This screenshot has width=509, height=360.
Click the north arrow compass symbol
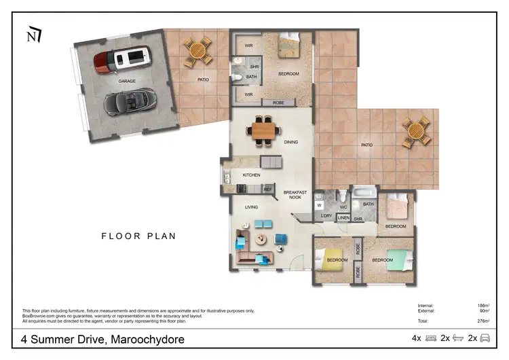(x=33, y=34)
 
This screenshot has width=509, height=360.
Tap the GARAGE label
(x=127, y=81)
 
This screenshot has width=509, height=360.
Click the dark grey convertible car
(x=128, y=102)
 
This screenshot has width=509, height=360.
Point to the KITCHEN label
(x=251, y=175)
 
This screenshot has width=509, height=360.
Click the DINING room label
(x=291, y=142)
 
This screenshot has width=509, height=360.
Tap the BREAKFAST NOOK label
(x=295, y=195)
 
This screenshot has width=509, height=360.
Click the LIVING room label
(x=251, y=206)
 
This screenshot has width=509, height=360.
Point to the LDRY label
(x=326, y=217)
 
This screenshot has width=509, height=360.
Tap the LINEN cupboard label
(x=343, y=219)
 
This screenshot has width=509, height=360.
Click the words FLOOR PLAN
(x=138, y=236)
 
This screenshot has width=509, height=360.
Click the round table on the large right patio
(x=415, y=132)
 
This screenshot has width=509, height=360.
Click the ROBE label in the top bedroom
(x=278, y=103)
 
